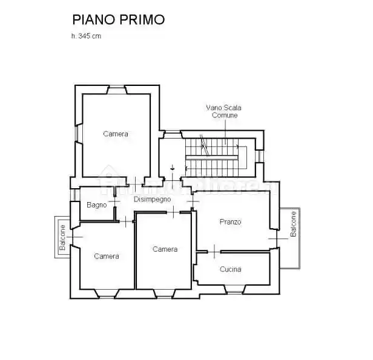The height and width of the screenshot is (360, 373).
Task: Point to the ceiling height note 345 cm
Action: point(88,36)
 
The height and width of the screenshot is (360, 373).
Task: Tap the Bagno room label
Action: point(96,205)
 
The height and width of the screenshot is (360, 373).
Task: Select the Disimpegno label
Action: point(153,198)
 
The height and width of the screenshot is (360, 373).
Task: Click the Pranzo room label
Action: point(230,222)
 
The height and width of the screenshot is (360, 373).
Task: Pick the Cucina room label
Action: point(231,269)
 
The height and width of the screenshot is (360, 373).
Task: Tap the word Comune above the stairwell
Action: point(225,115)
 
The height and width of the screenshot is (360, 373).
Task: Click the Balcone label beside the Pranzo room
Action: point(292,224)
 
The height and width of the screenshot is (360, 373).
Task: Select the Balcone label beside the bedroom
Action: point(62,238)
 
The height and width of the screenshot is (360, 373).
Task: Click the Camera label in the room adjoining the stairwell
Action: point(115,134)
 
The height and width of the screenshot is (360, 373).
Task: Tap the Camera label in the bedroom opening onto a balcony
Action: point(107,256)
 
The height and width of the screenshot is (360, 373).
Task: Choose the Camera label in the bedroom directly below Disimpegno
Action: point(165,249)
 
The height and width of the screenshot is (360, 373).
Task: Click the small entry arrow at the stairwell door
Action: point(173,167)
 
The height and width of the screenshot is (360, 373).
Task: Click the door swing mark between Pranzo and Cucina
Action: point(216,250)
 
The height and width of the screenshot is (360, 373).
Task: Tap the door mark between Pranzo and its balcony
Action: point(278,238)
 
